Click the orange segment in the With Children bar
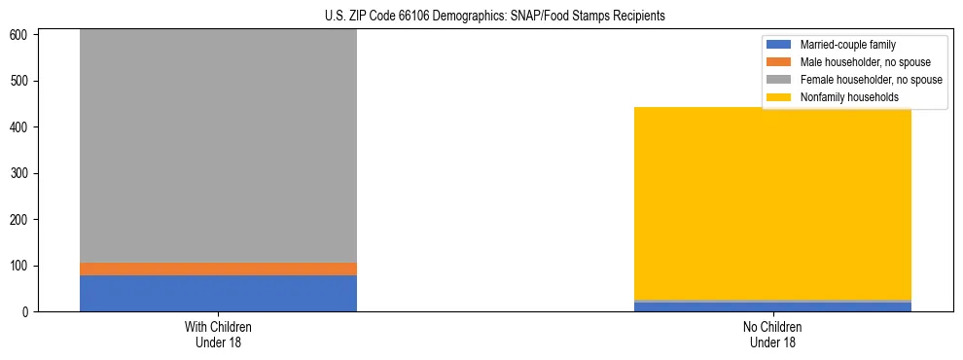coord(218,269)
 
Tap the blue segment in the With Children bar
coord(218,293)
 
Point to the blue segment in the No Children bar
coord(772,307)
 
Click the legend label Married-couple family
coord(847,45)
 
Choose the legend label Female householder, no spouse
coord(871,80)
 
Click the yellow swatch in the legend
coord(779,97)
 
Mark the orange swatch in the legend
coord(779,62)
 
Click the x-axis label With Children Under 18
coord(218,334)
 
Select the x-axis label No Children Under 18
coord(772,334)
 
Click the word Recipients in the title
coord(639,17)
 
